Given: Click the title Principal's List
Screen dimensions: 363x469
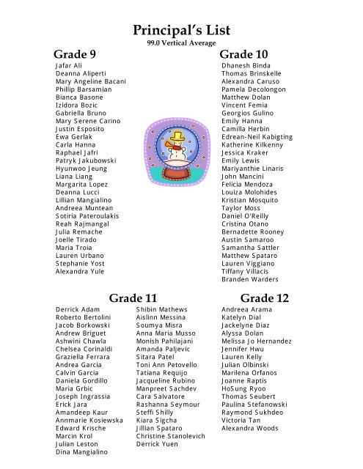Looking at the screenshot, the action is (x=182, y=30).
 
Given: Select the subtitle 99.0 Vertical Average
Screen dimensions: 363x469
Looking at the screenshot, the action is (x=182, y=45).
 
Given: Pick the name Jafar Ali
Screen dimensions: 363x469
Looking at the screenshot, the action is (x=70, y=66).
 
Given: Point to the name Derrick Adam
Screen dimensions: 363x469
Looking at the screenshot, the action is (x=78, y=311).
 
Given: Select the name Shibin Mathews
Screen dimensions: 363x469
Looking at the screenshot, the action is (x=162, y=311).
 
